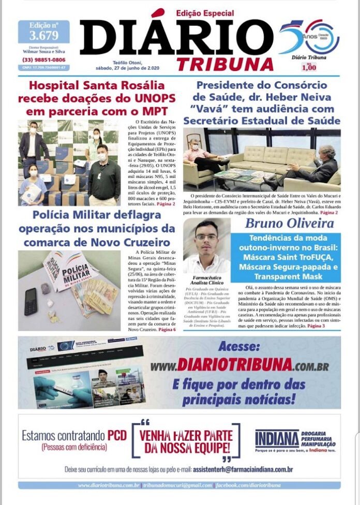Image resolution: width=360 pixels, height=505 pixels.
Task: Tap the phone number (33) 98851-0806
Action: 43,60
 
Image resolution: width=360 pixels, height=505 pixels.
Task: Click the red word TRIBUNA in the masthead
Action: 225,64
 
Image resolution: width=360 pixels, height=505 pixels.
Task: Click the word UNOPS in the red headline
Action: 152,98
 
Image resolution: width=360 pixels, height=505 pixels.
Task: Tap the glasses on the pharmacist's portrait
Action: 206,237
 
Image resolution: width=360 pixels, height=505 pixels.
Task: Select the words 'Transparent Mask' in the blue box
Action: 285,276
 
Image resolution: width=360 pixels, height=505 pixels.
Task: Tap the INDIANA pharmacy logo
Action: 277,439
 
